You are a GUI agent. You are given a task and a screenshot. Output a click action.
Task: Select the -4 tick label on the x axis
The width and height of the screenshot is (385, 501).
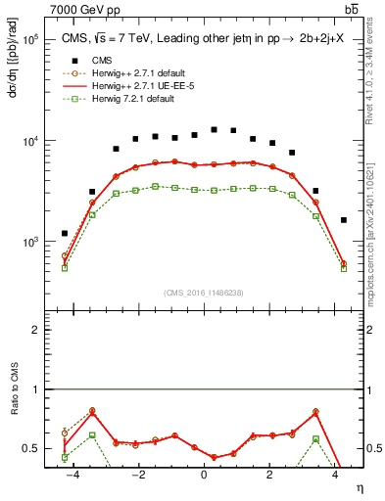[69, 475]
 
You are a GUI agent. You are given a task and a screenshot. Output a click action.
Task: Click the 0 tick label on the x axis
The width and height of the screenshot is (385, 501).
[203, 475]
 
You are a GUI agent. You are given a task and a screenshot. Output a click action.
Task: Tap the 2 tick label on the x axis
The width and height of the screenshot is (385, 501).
[268, 475]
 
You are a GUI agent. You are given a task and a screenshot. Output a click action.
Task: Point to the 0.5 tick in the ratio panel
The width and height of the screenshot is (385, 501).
[30, 449]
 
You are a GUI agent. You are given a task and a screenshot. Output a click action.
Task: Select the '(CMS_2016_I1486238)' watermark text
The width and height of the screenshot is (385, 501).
[203, 292]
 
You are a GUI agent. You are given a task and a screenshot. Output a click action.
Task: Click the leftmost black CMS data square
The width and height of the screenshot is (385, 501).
[65, 234]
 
